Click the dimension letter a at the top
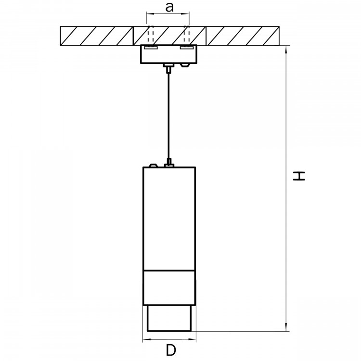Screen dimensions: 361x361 click(169, 7)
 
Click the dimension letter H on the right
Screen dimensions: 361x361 click(299, 176)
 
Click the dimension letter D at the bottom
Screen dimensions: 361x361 click(171, 350)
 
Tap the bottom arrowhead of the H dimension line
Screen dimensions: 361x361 click(286, 327)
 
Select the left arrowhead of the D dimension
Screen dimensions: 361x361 click(147, 339)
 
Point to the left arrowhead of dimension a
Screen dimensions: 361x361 click(150, 14)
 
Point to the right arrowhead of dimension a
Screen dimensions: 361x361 click(185, 14)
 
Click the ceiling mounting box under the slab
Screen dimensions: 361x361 click(169, 54)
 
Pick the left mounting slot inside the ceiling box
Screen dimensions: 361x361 click(151, 48)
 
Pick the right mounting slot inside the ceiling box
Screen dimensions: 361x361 click(187, 48)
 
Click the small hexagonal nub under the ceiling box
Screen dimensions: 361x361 click(185, 65)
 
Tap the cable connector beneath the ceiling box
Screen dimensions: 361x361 click(169, 68)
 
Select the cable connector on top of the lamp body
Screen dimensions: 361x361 click(169, 163)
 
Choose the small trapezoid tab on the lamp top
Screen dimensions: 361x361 click(154, 165)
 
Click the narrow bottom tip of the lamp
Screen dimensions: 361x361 click(169, 319)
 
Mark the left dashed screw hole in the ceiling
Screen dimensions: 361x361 click(151, 35)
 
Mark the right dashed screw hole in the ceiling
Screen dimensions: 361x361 click(187, 35)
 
